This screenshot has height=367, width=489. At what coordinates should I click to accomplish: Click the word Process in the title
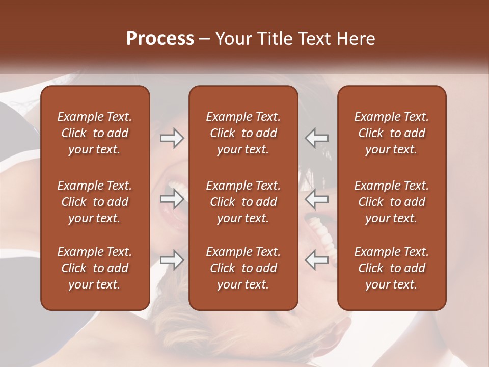pyautogui.click(x=160, y=39)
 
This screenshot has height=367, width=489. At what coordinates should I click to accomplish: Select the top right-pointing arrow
pyautogui.click(x=172, y=138)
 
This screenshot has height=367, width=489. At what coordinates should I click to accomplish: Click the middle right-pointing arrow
pyautogui.click(x=172, y=199)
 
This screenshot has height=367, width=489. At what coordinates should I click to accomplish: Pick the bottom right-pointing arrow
pyautogui.click(x=172, y=260)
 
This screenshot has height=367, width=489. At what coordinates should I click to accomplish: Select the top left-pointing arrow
pyautogui.click(x=317, y=138)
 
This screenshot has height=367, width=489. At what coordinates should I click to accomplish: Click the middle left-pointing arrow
pyautogui.click(x=317, y=199)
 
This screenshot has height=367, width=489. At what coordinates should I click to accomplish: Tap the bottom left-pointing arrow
pyautogui.click(x=317, y=260)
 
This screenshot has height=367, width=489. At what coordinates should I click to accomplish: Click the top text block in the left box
pyautogui.click(x=95, y=133)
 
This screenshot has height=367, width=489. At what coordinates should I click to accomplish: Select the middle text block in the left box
pyautogui.click(x=95, y=202)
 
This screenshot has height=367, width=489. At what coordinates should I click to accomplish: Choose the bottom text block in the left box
pyautogui.click(x=95, y=268)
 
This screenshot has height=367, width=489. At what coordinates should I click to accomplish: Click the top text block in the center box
pyautogui.click(x=243, y=133)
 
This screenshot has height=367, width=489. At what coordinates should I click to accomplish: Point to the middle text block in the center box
pyautogui.click(x=243, y=202)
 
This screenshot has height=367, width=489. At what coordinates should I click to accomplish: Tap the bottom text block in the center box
pyautogui.click(x=243, y=268)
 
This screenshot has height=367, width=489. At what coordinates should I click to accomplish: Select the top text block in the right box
pyautogui.click(x=391, y=133)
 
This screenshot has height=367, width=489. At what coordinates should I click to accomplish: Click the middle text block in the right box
pyautogui.click(x=391, y=202)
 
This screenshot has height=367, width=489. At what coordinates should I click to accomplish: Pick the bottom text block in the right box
pyautogui.click(x=391, y=268)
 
